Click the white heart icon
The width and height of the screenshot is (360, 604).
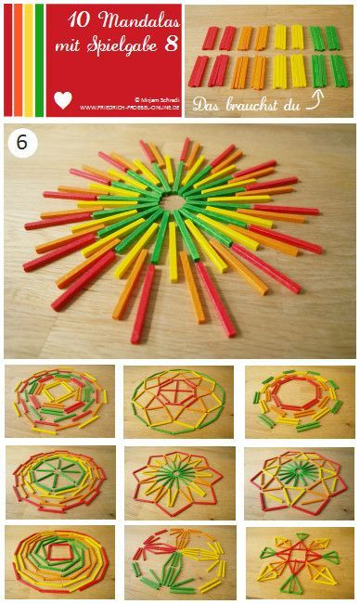(63, 100)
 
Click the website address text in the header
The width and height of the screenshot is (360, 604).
(128, 107)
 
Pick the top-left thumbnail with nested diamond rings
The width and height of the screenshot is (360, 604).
(59, 401)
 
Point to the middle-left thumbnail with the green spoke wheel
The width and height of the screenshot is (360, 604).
(59, 481)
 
